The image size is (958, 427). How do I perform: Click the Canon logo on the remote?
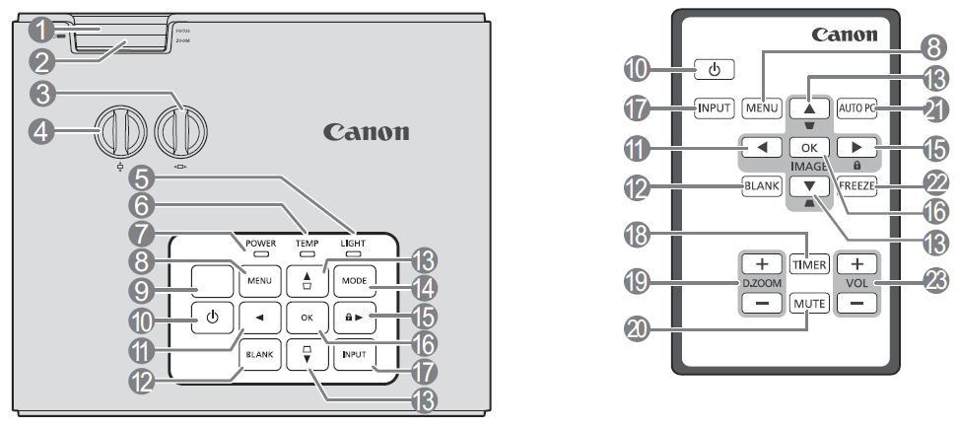tap(844, 35)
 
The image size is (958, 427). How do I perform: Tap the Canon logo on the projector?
tap(367, 132)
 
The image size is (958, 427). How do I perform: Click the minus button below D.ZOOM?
tap(761, 306)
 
